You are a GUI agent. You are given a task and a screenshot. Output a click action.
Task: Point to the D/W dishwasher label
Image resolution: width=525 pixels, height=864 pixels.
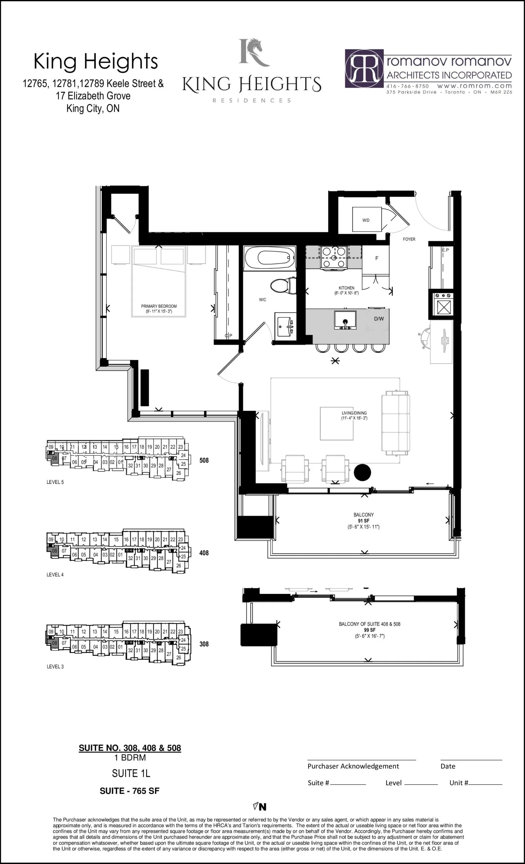pyautogui.click(x=379, y=319)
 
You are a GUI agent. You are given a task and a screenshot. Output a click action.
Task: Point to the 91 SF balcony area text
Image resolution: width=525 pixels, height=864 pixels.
pyautogui.click(x=364, y=521)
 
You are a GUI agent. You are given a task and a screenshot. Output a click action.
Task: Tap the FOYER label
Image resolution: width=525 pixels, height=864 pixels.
pyautogui.click(x=409, y=239)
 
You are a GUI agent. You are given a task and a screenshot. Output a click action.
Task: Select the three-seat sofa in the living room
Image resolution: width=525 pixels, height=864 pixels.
pyautogui.click(x=396, y=423)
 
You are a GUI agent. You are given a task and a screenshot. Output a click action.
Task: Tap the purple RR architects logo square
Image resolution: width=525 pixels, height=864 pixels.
pyautogui.click(x=364, y=68)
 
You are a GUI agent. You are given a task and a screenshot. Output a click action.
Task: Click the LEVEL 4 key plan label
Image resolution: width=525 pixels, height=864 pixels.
pyautogui.click(x=55, y=574)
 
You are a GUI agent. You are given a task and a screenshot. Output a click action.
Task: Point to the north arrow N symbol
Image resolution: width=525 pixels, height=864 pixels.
pyautogui.click(x=260, y=807)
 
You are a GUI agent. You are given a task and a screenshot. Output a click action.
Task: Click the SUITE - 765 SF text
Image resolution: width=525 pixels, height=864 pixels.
pyautogui.click(x=129, y=791)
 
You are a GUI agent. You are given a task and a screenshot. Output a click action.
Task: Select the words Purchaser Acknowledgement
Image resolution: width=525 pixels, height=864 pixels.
pyautogui.click(x=353, y=766)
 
